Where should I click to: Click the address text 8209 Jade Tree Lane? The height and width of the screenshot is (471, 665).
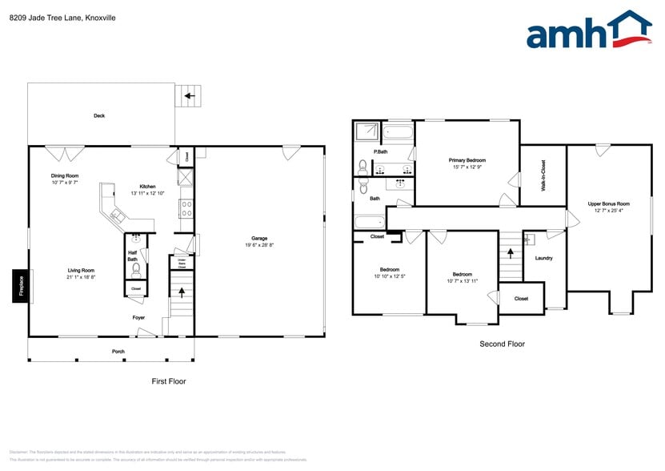coord(48,17)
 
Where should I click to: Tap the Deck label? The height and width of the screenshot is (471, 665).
coord(99,116)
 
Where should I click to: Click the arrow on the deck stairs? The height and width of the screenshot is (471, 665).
coord(190,97)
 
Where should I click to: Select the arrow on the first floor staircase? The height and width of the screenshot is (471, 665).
coord(182,292)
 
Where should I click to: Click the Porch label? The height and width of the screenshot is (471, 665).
coord(118,351)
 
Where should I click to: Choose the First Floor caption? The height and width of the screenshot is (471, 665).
coord(169,381)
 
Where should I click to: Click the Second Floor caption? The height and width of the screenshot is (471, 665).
coord(502,344)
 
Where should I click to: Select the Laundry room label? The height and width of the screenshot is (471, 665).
coord(543,258)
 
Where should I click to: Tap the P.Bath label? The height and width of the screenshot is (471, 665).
coord(381,151)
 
